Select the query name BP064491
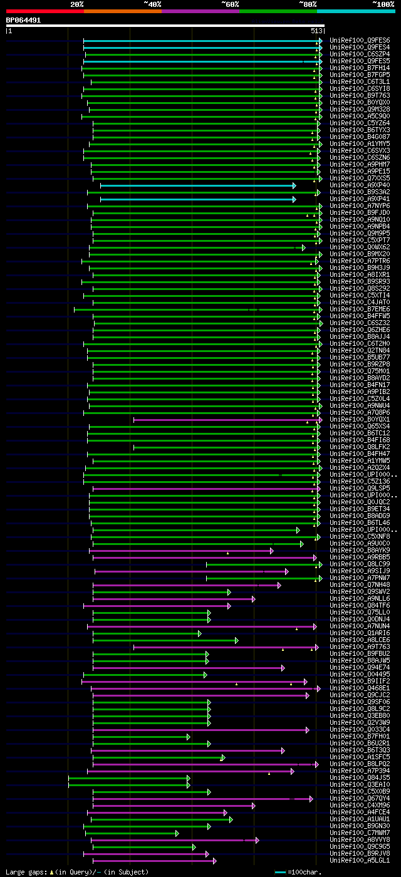[23, 20]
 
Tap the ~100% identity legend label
[383, 4]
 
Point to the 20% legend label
[76, 4]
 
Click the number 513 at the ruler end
[316, 30]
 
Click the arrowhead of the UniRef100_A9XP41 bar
[294, 199]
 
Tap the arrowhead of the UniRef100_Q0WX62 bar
[304, 247]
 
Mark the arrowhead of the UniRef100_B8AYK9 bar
[272, 551]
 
